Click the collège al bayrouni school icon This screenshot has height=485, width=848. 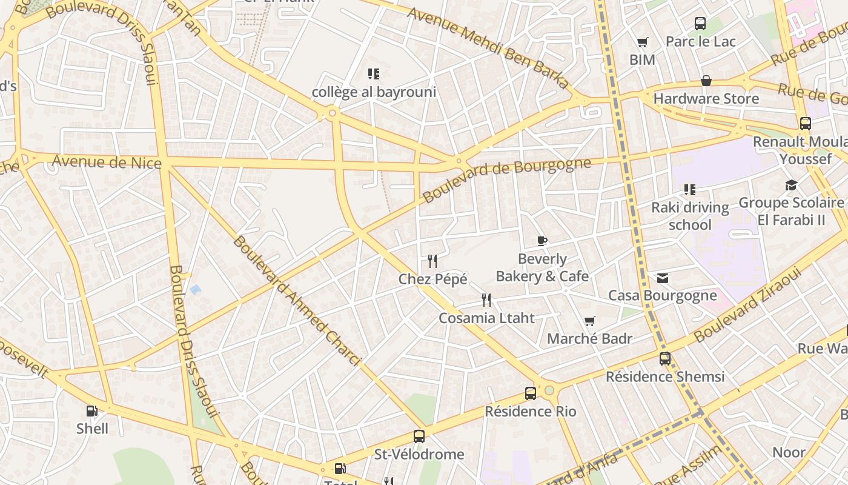click(x=374, y=74)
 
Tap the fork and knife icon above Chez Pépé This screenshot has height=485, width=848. click(x=432, y=261)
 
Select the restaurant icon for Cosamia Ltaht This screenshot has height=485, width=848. click(x=486, y=300)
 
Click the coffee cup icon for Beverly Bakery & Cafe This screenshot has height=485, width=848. click(x=542, y=241)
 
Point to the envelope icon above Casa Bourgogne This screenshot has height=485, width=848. click(x=663, y=278)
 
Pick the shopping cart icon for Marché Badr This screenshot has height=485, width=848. click(x=590, y=321)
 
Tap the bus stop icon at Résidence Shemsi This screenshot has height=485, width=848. click(x=665, y=359)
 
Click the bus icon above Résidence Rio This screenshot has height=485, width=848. click(x=531, y=393)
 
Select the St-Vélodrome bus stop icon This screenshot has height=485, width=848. click(x=419, y=436)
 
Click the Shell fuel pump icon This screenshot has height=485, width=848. click(x=92, y=411)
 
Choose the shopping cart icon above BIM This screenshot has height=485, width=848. click(x=642, y=42)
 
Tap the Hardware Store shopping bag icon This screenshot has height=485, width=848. click(x=706, y=81)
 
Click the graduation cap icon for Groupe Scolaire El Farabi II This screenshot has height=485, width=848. click(x=791, y=185)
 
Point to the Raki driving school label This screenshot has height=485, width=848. click(x=690, y=216)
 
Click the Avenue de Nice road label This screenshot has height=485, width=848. click(x=107, y=162)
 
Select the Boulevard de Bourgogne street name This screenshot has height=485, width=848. click(x=506, y=180)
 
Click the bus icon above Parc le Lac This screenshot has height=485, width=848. click(x=700, y=24)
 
